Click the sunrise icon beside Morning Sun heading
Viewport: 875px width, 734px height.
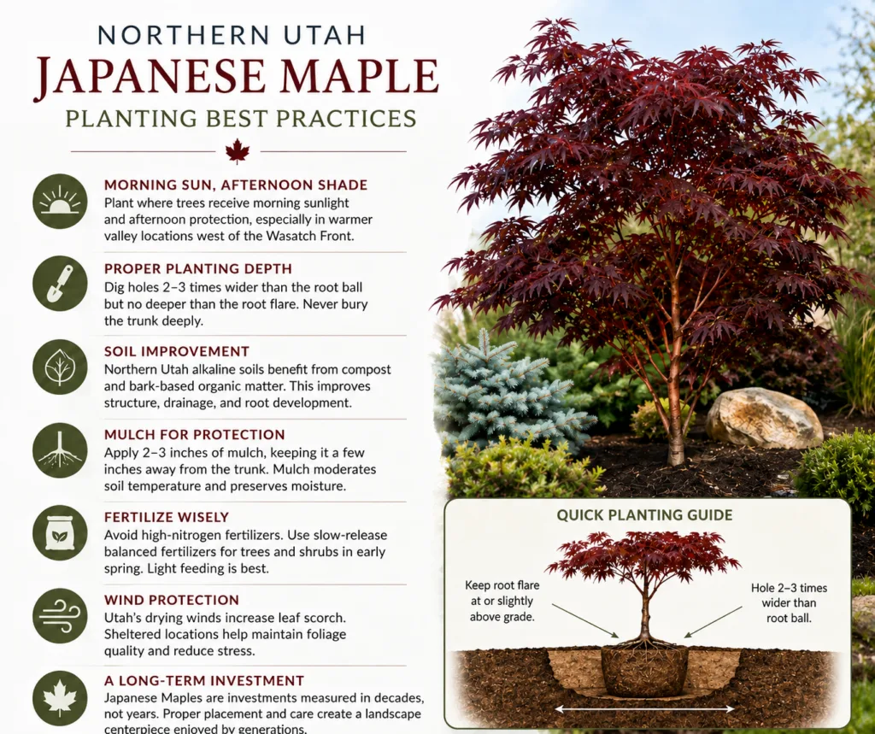[x=60, y=201]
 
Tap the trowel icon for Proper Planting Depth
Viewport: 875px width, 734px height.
[x=60, y=284]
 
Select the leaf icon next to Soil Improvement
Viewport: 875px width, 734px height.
[x=60, y=367]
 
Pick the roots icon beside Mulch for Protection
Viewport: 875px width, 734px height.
[x=60, y=450]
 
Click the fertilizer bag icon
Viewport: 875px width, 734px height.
[x=60, y=533]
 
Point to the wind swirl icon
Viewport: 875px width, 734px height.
[x=60, y=616]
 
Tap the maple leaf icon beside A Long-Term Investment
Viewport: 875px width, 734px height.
[x=60, y=698]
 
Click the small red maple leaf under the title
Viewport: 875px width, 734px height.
[x=238, y=151]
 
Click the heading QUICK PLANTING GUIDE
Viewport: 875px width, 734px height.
[x=644, y=514]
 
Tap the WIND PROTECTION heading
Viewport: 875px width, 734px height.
[x=171, y=600]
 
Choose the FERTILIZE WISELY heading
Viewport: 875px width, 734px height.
[x=167, y=517]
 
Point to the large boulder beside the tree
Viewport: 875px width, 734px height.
[x=764, y=418]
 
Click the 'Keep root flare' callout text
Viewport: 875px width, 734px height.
[x=502, y=602]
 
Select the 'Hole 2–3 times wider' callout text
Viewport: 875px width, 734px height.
[x=789, y=602]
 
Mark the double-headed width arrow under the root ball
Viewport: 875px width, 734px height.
[x=644, y=709]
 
